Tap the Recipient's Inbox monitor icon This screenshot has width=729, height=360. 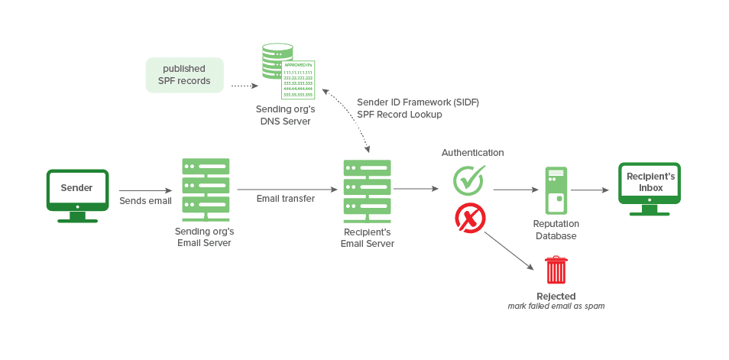(x=650, y=188)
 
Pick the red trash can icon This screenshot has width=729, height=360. (x=556, y=271)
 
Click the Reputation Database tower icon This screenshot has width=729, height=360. (x=556, y=190)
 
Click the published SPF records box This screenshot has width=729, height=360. (x=185, y=75)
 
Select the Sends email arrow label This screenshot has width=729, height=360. (x=145, y=201)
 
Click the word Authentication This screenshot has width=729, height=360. (x=472, y=153)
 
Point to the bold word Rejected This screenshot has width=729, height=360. (x=556, y=296)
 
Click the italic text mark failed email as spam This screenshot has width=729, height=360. (x=556, y=306)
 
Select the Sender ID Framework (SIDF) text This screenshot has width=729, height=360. (x=417, y=102)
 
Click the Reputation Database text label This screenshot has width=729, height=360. (x=556, y=230)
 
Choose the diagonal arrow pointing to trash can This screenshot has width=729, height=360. (x=507, y=249)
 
